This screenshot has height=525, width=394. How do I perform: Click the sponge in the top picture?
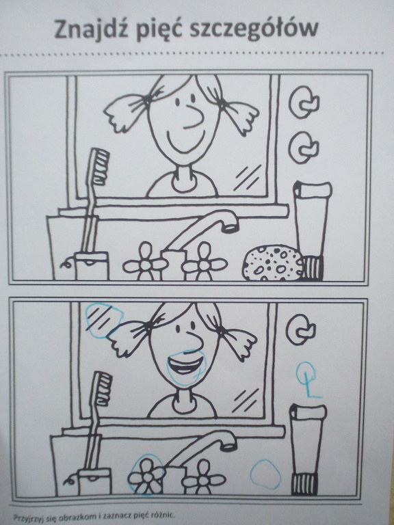point(273,263)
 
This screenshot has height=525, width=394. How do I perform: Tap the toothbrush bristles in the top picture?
point(99,166)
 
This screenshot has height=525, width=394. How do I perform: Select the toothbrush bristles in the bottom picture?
point(103,388)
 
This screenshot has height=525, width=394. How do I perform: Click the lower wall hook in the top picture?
point(303,148)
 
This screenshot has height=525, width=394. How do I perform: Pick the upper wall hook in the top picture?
point(303,102)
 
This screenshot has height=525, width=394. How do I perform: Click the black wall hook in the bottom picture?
point(300,329)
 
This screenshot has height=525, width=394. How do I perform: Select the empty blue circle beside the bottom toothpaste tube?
point(265,474)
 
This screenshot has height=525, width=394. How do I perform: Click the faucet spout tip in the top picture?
point(231,228)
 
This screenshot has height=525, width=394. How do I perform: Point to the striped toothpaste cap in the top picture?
point(312,268)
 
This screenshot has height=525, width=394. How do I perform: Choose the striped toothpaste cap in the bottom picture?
point(304,483)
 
